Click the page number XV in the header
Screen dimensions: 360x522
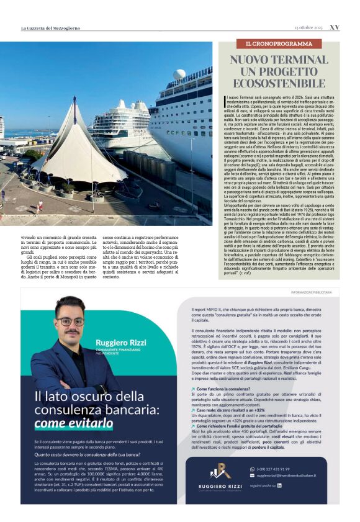(x=334, y=27)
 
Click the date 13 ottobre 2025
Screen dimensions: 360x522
(x=308, y=27)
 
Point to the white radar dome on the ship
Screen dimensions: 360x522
(x=179, y=74)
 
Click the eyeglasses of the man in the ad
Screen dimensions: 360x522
(x=70, y=322)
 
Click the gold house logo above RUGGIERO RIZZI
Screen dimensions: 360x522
(x=220, y=470)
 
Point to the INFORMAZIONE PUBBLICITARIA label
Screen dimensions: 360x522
(x=314, y=292)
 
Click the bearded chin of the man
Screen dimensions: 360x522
(x=70, y=335)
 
